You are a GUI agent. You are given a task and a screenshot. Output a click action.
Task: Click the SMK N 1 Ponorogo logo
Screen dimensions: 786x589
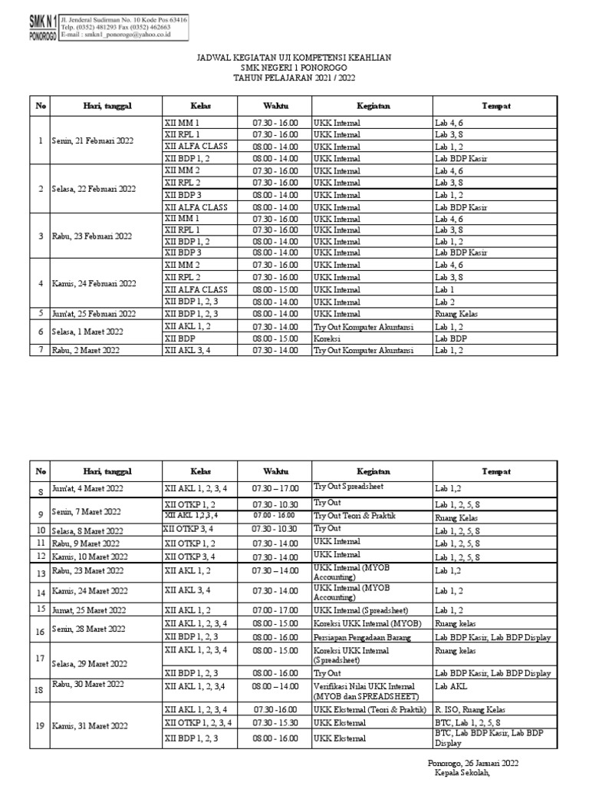coord(38,30)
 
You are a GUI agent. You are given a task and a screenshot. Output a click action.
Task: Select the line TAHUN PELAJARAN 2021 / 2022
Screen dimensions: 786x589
coord(294,78)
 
